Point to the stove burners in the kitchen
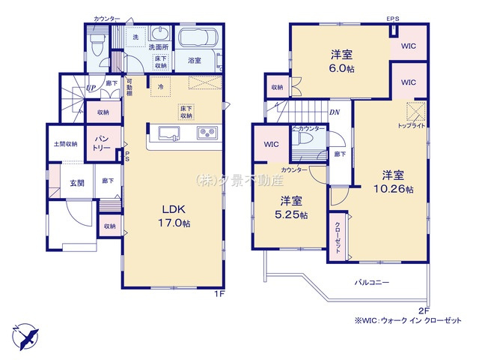(207, 133)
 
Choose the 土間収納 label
(65, 144)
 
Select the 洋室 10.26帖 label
(394, 182)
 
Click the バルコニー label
(372, 283)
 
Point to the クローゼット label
(338, 237)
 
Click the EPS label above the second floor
(392, 18)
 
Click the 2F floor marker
(424, 311)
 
